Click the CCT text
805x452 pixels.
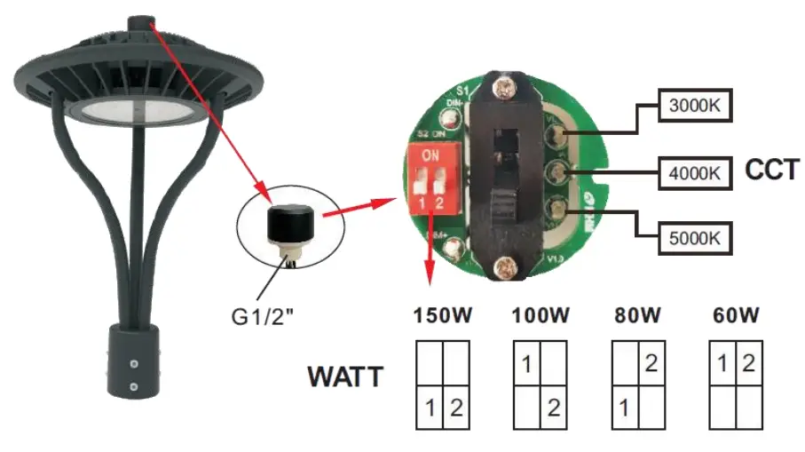point(772,170)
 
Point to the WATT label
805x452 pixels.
point(345,377)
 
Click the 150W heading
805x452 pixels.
point(442,315)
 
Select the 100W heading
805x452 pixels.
point(541,315)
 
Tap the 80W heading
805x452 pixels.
point(636,315)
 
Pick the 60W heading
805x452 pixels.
point(736,315)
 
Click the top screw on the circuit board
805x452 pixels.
point(505,90)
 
